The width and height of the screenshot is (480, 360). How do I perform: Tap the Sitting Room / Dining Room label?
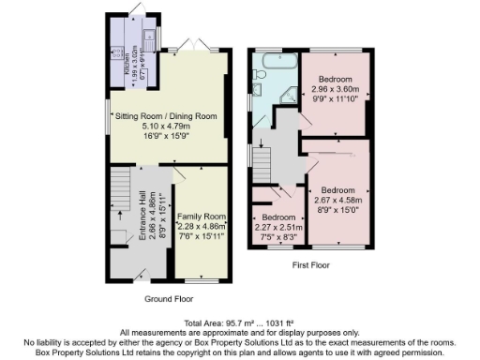pyautogui.click(x=166, y=116)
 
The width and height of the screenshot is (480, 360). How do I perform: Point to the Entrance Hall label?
pyautogui.click(x=142, y=220)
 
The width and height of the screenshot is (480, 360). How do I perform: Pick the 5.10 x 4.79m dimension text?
pyautogui.click(x=166, y=126)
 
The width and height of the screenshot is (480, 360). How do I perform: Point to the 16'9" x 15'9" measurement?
pyautogui.click(x=166, y=135)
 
